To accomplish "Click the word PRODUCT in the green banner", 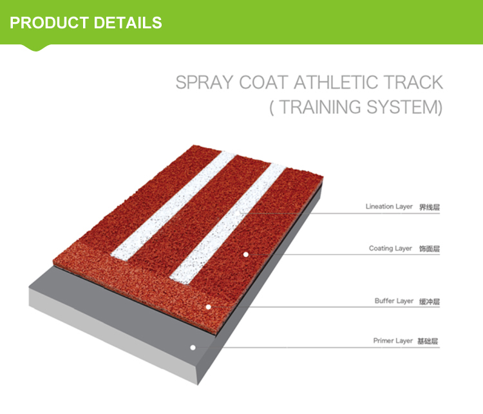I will click(49, 23).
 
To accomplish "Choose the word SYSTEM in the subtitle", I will click(404, 107).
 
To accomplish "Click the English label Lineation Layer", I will click(389, 207).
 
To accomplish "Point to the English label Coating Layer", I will click(390, 249).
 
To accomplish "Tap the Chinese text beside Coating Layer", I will click(430, 249).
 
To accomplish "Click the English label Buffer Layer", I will click(394, 301).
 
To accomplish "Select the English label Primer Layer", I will click(393, 341).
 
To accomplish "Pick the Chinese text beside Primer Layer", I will click(430, 341).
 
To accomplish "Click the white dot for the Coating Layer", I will click(245, 254).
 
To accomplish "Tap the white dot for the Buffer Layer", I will click(209, 306).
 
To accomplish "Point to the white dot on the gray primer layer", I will click(192, 347).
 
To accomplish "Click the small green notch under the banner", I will click(36, 47).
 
